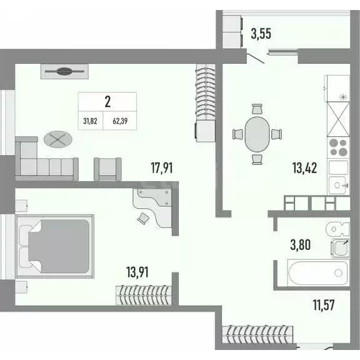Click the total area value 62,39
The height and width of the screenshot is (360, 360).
click(122, 121)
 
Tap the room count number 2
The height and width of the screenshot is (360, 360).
click(107, 101)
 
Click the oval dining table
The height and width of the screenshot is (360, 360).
click(256, 132)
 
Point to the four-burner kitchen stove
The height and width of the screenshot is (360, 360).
click(338, 147)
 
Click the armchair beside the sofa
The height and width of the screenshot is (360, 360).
click(107, 167)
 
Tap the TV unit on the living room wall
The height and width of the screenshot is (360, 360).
click(64, 71)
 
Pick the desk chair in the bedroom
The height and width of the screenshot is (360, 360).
click(144, 217)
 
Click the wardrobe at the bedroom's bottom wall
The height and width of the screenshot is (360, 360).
click(143, 292)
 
